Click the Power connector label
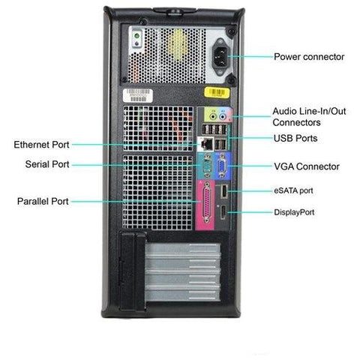pyautogui.click(x=309, y=57)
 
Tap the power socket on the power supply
pyautogui.click(x=220, y=56)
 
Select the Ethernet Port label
pyautogui.click(x=41, y=145)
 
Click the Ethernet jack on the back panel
pyautogui.click(x=205, y=144)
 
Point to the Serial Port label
pyautogui.click(x=47, y=164)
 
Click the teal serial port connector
pyautogui.click(x=207, y=165)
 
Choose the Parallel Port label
pyautogui.click(x=43, y=201)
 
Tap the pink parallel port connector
pyautogui.click(x=207, y=203)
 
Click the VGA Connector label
pyautogui.click(x=307, y=166)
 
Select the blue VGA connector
pyautogui.click(x=222, y=166)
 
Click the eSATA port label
pyautogui.click(x=293, y=190)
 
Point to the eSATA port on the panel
pyautogui.click(x=224, y=191)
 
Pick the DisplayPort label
pyautogui.click(x=294, y=212)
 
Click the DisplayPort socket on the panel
pyautogui.click(x=223, y=213)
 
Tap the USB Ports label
pyautogui.click(x=295, y=138)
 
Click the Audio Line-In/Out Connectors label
pyautogui.click(x=309, y=117)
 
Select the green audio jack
pyautogui.click(x=213, y=116)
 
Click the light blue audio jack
pyautogui.click(x=222, y=116)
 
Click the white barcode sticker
pyautogui.click(x=138, y=95)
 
